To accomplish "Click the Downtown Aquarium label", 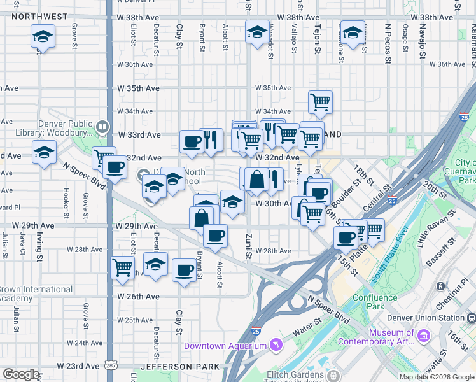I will point(224,346).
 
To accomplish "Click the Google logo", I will point(21,374).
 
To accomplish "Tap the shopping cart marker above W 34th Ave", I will point(321,101).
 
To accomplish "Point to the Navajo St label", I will point(422,41).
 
